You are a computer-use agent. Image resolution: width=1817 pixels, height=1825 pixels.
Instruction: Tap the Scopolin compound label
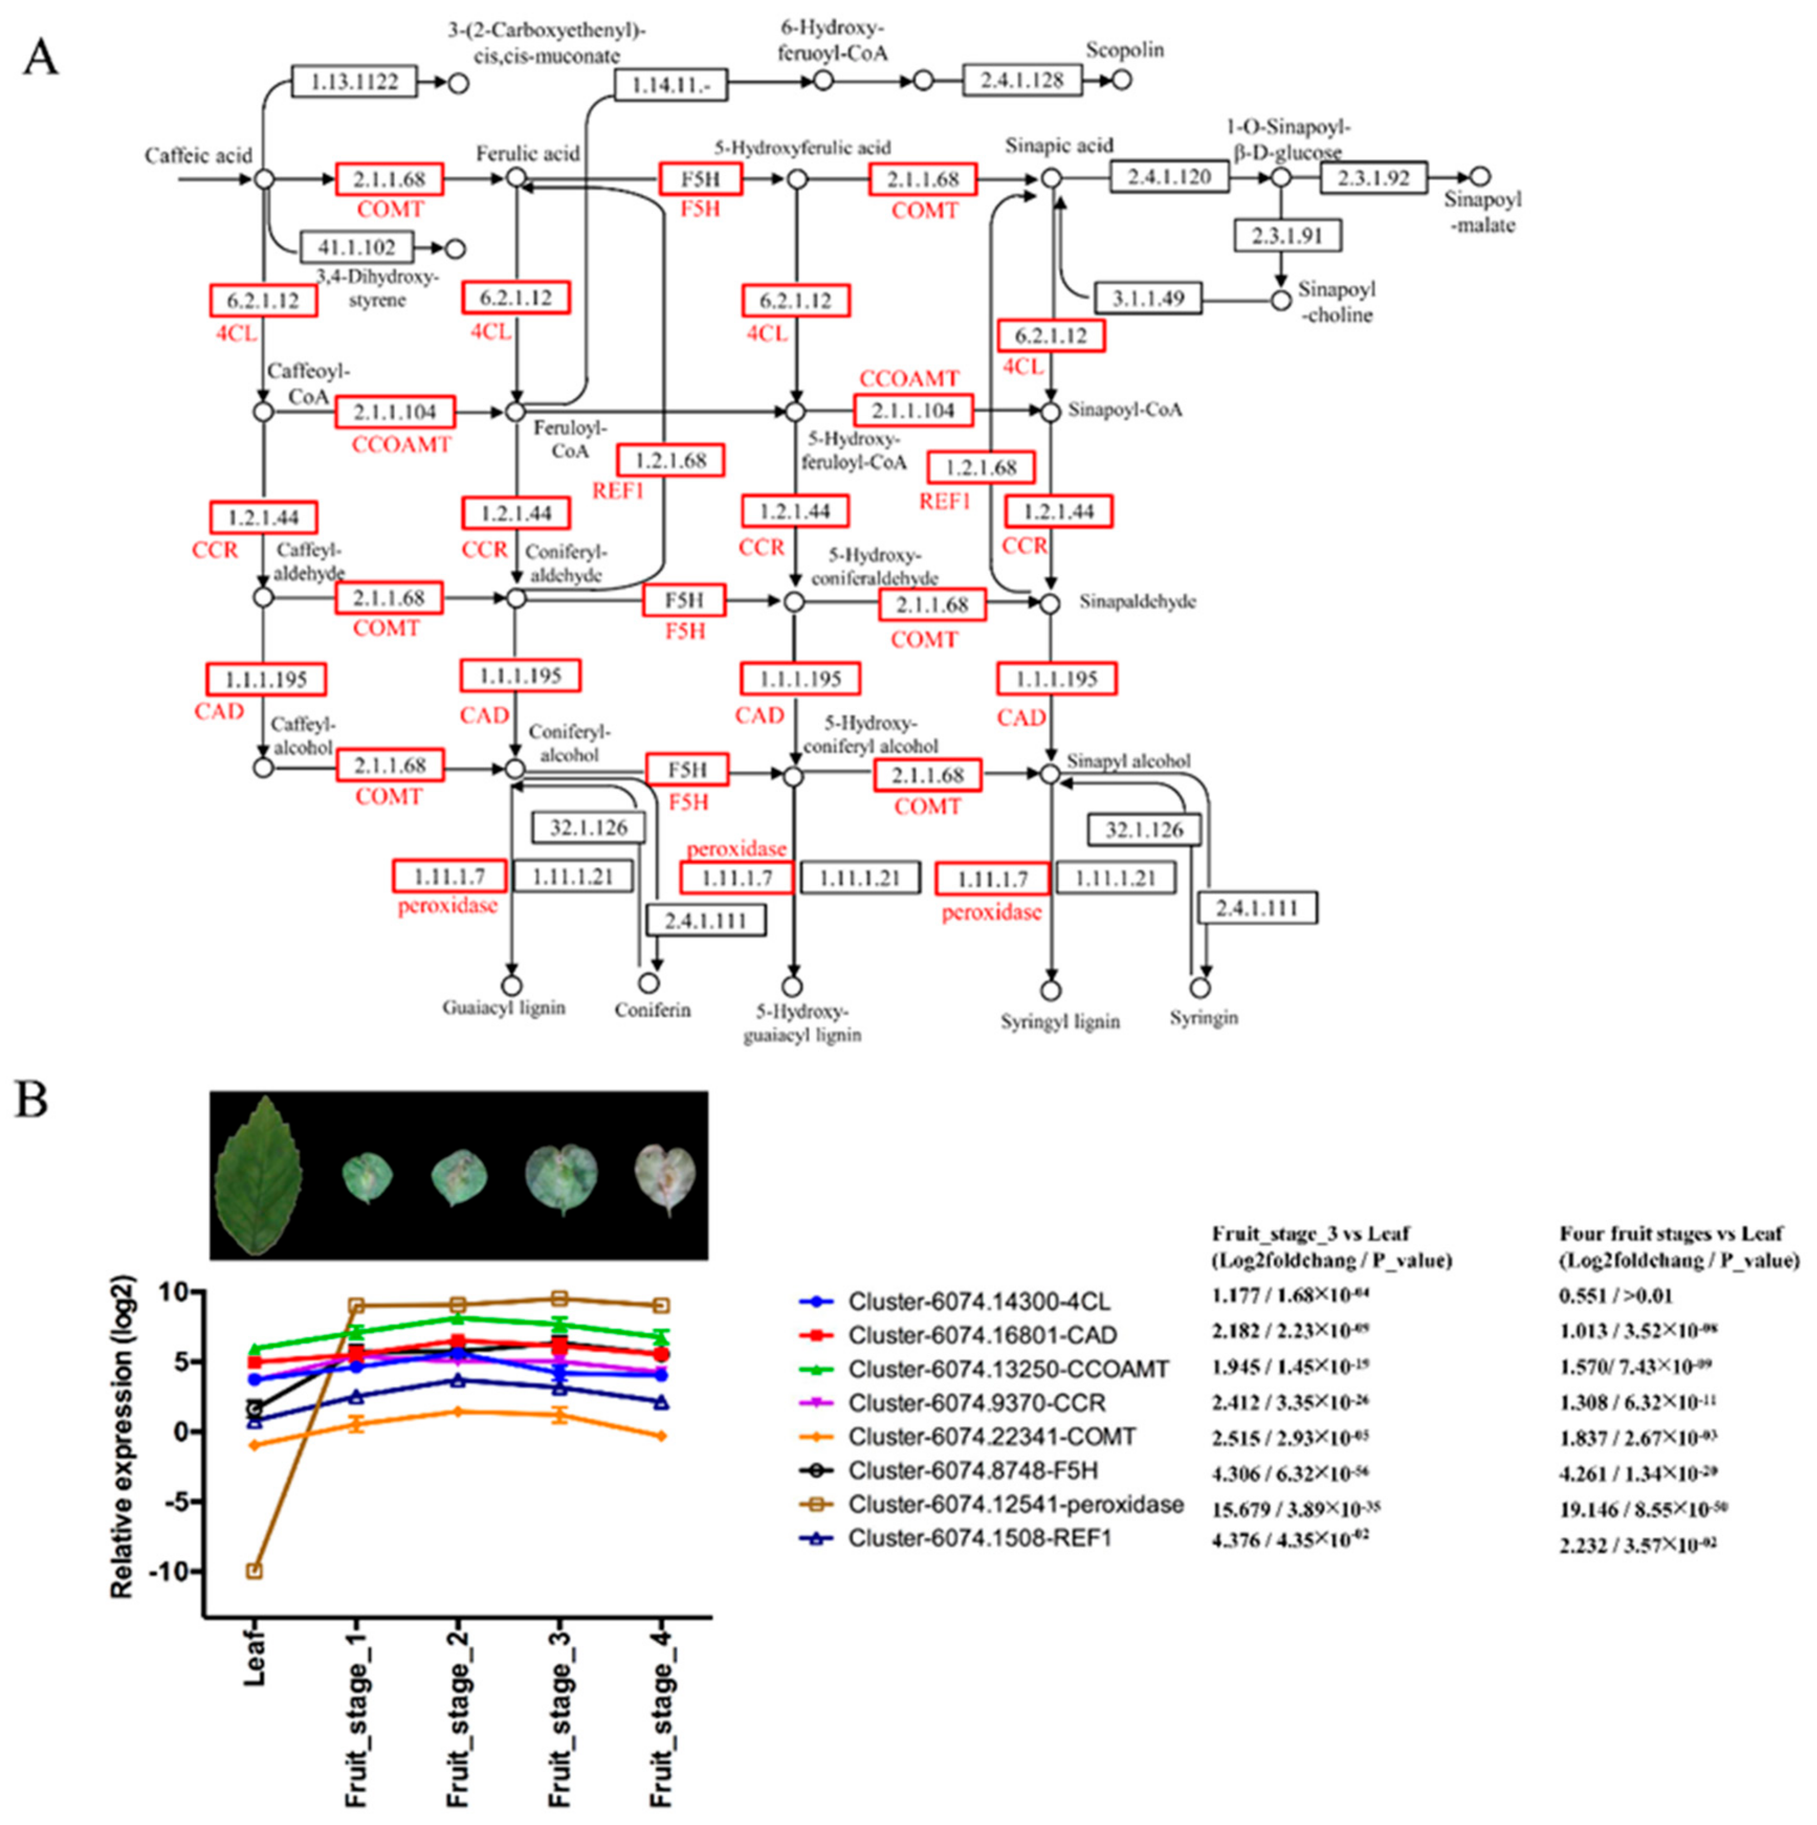tap(1124, 50)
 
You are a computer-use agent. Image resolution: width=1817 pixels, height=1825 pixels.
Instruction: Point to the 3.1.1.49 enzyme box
tap(1147, 298)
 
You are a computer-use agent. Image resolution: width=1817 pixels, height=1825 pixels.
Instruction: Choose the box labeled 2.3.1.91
tap(1287, 235)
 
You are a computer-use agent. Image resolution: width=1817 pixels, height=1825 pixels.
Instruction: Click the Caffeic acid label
tap(198, 155)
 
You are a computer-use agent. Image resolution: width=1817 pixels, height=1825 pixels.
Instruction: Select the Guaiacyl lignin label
tap(504, 1008)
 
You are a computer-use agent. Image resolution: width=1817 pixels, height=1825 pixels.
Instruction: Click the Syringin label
tap(1203, 1017)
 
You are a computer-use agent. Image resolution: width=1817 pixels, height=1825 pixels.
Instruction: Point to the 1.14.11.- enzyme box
tap(671, 86)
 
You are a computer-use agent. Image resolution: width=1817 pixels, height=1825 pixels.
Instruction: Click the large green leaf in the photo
tap(259, 1176)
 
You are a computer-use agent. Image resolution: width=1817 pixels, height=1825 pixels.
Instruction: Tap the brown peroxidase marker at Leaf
tap(253, 1571)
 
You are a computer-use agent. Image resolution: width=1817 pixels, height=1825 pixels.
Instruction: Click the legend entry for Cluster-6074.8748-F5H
tap(973, 1471)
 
